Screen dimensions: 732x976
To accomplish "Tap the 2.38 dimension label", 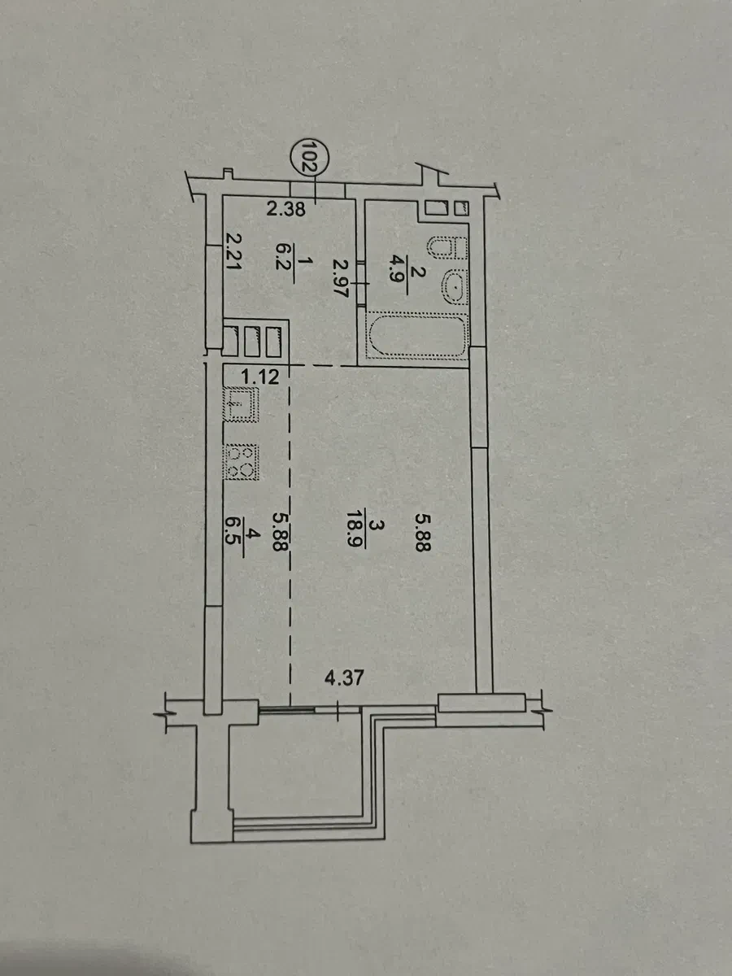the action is [x=285, y=208].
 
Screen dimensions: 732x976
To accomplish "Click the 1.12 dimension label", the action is [x=260, y=377].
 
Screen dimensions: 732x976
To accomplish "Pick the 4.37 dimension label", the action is [x=344, y=678].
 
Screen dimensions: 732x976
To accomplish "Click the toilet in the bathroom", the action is [x=447, y=247].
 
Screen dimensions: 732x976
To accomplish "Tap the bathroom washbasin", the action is [x=454, y=287].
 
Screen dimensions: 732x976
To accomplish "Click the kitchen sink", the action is [x=242, y=404].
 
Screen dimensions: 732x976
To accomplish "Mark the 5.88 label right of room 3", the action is [x=423, y=532].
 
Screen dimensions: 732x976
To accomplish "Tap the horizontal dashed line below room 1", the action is [x=324, y=365].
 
